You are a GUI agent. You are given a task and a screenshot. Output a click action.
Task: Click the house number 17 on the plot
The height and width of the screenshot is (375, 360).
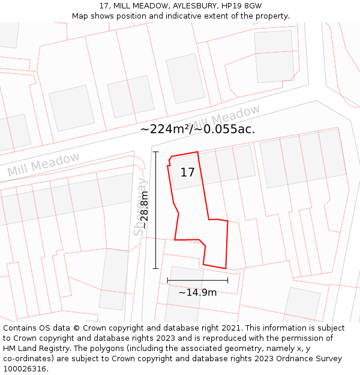tap(187, 173)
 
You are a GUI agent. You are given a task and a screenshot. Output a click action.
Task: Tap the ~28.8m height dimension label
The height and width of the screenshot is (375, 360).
tap(144, 210)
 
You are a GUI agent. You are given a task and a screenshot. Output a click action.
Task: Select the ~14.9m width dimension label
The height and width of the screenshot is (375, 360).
tap(197, 293)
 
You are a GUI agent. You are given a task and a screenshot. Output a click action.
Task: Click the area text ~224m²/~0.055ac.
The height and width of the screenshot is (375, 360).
tap(197, 129)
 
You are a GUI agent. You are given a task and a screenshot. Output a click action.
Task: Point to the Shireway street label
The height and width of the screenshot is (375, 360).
tap(140, 207)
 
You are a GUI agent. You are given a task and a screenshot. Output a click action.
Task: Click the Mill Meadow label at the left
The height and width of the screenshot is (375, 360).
tap(43, 164)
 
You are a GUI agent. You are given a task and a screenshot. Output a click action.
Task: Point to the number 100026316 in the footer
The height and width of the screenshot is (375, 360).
tap(23, 369)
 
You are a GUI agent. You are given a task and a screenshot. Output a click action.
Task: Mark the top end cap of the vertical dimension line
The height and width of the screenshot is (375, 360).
tap(155, 152)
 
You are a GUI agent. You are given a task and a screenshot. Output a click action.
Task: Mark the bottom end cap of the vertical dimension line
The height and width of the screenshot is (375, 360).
tap(155, 269)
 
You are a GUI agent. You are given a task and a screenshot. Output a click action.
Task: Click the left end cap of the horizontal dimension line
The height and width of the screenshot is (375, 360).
tap(167, 280)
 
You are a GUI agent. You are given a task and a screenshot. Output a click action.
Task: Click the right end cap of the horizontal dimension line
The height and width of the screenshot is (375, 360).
tap(227, 280)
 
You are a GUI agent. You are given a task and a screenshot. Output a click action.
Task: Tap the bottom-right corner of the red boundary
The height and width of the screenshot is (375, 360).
tap(226, 269)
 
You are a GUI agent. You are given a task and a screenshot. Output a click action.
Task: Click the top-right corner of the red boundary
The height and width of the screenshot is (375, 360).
tap(197, 152)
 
